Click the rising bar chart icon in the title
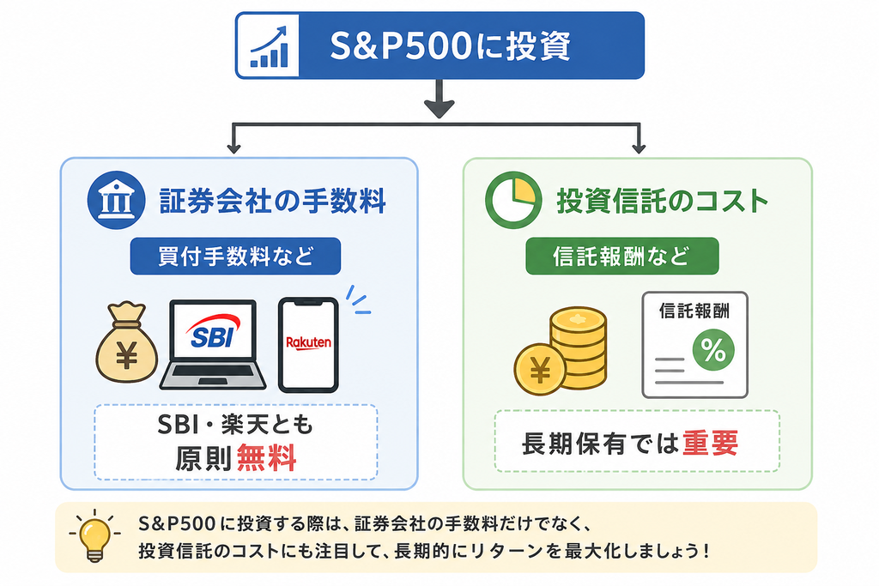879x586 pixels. coord(269,45)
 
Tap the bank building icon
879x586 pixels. coord(116,200)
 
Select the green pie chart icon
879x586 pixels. coord(513,200)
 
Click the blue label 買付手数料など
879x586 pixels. coord(235,256)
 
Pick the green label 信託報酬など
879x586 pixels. coord(622,256)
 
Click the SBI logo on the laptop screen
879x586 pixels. coord(213,331)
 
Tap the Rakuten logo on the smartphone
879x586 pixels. coord(308,342)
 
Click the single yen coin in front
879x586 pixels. coord(541,369)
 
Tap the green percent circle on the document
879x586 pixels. coord(713,350)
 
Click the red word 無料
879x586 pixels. coord(266,458)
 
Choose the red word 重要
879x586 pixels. coord(710,443)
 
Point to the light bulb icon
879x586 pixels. coord(94,535)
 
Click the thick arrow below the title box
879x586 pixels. coord(439,99)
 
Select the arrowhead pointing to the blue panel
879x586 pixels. coord(233,148)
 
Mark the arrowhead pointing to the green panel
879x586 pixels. coord(639,148)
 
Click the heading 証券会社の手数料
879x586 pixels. coord(273,201)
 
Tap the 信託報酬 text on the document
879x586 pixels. coord(694,311)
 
